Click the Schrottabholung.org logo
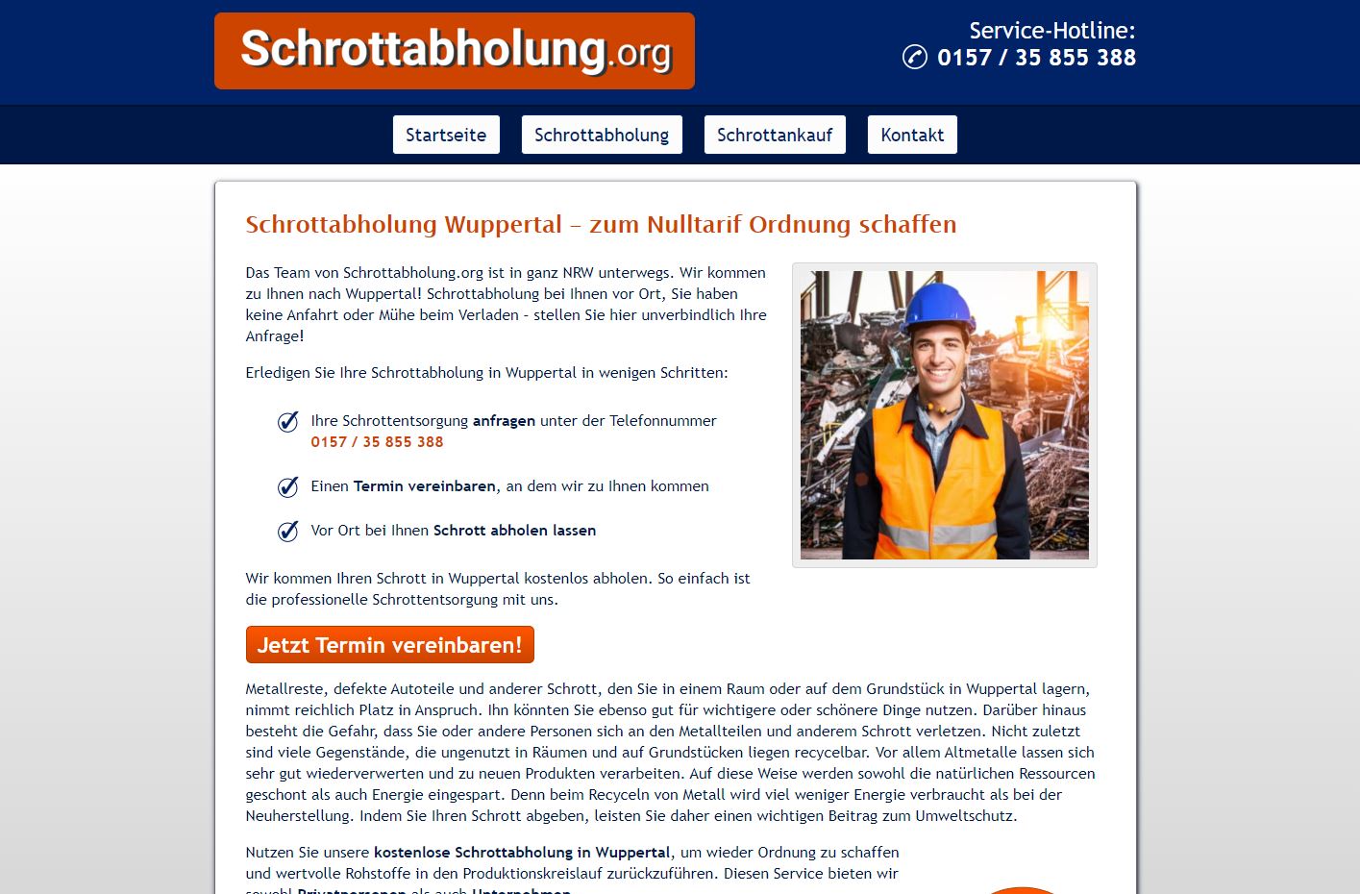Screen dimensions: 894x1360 454,51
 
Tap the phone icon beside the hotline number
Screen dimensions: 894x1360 914,58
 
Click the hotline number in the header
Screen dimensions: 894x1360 1036,58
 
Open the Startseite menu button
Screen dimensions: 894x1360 446,135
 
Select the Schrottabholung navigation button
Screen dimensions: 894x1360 602,135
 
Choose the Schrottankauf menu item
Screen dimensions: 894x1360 775,135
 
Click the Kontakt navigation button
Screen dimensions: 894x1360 912,135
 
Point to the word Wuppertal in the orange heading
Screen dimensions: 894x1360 503,225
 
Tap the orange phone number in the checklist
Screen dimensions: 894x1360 377,442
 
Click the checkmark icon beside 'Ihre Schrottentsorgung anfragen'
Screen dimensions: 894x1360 287,422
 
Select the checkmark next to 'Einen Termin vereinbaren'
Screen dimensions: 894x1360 287,487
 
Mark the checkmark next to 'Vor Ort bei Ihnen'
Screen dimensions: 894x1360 287,532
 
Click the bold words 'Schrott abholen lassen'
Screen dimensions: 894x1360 514,531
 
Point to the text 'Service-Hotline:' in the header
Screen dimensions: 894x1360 1051,31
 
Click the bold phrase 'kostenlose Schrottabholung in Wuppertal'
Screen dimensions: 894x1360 522,853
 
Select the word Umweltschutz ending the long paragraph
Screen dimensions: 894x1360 967,816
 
